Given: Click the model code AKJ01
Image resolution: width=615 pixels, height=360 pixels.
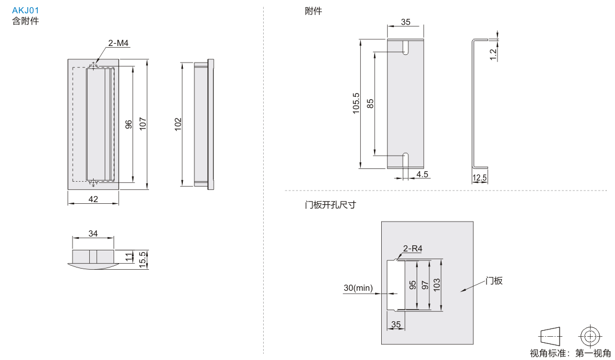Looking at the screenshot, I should click(25, 11).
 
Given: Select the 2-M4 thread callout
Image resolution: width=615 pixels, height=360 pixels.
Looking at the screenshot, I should click(118, 43).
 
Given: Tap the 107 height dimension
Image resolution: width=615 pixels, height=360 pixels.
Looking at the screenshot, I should click(142, 123).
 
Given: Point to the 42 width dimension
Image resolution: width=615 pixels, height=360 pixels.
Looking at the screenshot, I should click(93, 199).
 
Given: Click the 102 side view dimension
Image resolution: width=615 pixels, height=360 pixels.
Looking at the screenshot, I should click(177, 124).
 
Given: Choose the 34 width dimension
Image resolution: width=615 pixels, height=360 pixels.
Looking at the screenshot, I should click(93, 234).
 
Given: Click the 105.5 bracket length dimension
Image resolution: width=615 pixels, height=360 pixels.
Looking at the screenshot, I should click(356, 103).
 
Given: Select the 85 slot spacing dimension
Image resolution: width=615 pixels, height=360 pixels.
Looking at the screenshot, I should click(370, 103).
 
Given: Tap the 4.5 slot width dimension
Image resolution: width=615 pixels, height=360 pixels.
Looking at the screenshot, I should click(422, 174).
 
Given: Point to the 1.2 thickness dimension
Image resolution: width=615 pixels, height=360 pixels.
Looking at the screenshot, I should click(493, 54).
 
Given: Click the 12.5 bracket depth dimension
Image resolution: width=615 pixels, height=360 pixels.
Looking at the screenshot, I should click(480, 178).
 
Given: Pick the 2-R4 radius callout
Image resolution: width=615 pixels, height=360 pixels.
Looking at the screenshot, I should click(413, 249).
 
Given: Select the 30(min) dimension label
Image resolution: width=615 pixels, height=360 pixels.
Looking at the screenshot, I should click(358, 288).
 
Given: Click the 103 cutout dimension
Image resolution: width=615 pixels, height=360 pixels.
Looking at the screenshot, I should click(437, 285).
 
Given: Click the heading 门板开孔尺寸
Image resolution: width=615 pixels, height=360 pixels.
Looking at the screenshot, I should click(330, 205).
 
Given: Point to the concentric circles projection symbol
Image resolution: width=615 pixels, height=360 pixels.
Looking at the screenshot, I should click(589, 336).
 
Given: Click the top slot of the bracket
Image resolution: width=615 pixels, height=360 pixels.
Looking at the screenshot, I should click(406, 48).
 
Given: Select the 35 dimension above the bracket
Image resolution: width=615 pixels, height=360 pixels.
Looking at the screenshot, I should click(406, 22).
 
